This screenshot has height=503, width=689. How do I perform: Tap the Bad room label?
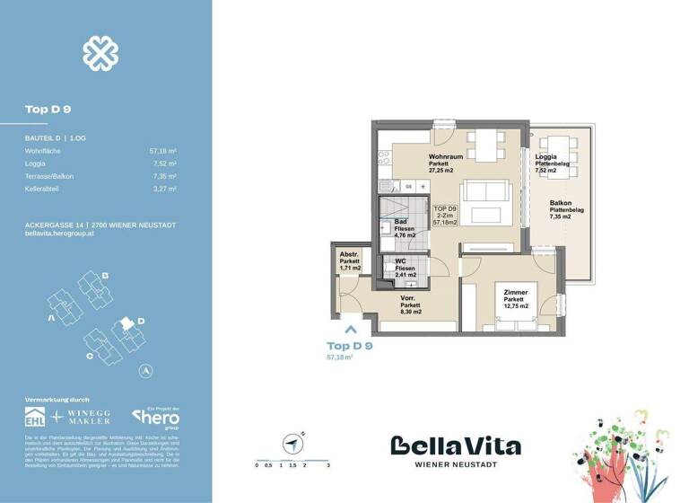point(401,222)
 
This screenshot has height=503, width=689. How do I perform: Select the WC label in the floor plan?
point(401,261)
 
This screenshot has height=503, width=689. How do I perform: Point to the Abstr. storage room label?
point(348,254)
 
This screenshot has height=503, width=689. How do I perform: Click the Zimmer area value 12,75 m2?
point(515,306)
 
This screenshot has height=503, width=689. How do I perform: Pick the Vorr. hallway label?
point(409,297)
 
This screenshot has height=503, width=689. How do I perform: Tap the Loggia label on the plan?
point(545,156)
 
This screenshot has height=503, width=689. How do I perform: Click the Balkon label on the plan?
point(562,204)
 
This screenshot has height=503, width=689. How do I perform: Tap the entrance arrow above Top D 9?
point(350,330)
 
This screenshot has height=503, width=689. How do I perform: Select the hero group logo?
point(156,417)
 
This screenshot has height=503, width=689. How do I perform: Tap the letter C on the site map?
point(88,356)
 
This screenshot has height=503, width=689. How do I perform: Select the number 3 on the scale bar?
point(329,466)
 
